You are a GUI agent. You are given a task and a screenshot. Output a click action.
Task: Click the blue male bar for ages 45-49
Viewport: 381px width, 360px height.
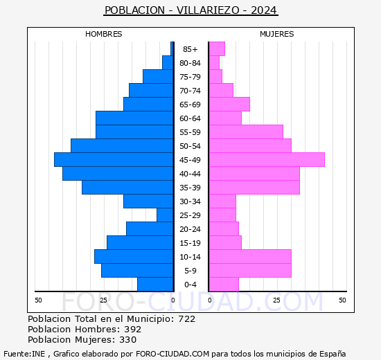point(114,159)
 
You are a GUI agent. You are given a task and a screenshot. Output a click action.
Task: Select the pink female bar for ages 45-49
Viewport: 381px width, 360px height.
point(267,159)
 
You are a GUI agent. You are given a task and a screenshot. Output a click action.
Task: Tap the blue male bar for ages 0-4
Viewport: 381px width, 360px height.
point(155,284)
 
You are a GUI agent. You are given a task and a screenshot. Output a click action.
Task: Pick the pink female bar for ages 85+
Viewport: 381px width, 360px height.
point(217,48)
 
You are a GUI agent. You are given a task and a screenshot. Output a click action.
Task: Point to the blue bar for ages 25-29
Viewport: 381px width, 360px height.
point(165,215)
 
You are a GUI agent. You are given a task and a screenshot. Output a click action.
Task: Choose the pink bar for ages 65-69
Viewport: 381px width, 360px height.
point(229,104)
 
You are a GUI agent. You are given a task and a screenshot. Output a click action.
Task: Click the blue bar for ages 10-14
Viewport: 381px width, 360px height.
point(134,256)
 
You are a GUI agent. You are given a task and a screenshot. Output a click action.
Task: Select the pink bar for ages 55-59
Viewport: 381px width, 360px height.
point(246,132)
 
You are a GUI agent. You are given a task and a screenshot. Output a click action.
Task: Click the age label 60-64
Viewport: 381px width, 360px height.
point(190,118)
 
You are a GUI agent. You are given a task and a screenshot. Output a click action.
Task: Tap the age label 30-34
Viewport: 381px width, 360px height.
point(190,201)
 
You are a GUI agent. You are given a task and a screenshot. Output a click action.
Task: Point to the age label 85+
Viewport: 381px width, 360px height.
point(190,49)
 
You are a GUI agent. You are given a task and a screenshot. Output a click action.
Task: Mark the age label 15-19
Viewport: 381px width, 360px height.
point(190,243)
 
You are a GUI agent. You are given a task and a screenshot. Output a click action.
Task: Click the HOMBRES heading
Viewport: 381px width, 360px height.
point(104,34)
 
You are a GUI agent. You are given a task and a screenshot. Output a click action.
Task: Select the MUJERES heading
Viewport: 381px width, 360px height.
point(277,34)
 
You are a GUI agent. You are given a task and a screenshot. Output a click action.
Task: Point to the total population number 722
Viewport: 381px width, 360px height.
point(186,319)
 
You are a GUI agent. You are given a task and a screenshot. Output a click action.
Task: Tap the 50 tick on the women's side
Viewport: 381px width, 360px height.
point(342,300)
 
